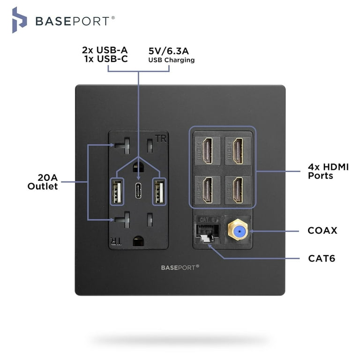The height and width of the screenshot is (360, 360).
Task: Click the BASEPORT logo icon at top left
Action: [19, 20]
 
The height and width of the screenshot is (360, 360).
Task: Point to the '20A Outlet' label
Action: [42, 182]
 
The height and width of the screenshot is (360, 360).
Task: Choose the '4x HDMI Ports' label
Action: [328, 171]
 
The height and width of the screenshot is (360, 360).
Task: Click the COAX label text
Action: [322, 231]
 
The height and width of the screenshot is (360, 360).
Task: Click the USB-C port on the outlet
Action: [139, 191]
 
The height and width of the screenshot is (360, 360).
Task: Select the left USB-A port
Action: [117, 191]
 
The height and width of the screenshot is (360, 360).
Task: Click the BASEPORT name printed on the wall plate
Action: [180, 267]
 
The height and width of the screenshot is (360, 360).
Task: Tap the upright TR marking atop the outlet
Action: [160, 139]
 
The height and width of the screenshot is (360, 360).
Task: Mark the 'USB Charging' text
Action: [171, 60]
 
